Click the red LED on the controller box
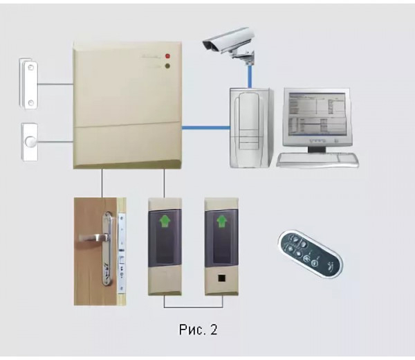point(169,55)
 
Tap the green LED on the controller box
point(169,67)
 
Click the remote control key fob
point(310,251)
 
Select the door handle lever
point(93,237)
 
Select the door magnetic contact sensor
point(28,84)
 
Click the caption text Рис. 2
point(198,330)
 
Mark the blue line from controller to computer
point(205,127)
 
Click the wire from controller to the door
point(102,183)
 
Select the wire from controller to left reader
point(163,183)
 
